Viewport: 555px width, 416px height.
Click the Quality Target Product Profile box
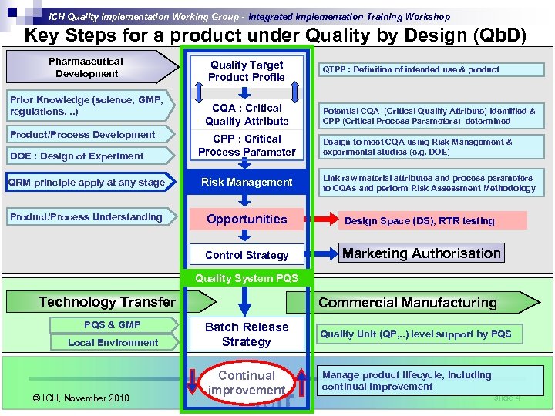pyautogui.click(x=246, y=71)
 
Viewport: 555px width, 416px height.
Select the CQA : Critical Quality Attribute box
pyautogui.click(x=246, y=114)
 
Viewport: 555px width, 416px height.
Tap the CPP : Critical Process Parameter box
pyautogui.click(x=246, y=146)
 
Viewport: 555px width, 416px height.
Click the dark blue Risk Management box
pyautogui.click(x=246, y=183)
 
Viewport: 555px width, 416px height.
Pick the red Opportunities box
pyautogui.click(x=246, y=220)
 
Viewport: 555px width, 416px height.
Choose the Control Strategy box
pyautogui.click(x=246, y=255)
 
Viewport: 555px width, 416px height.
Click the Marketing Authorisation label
pyautogui.click(x=421, y=253)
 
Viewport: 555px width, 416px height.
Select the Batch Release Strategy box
pyautogui.click(x=246, y=334)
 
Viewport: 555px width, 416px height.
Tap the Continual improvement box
pyautogui.click(x=246, y=383)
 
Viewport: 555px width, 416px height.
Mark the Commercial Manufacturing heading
pyautogui.click(x=408, y=303)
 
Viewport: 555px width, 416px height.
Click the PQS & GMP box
pyautogui.click(x=113, y=324)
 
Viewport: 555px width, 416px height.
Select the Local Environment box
pyautogui.click(x=113, y=343)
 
